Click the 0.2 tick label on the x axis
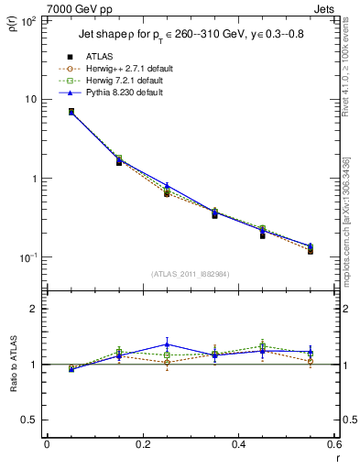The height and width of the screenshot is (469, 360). [142, 444]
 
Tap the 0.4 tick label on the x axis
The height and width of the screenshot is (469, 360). [238, 444]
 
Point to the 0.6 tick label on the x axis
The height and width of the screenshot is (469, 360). [333, 444]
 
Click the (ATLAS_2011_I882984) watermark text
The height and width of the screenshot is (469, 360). [191, 274]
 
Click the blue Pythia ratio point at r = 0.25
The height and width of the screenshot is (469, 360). [167, 345]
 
